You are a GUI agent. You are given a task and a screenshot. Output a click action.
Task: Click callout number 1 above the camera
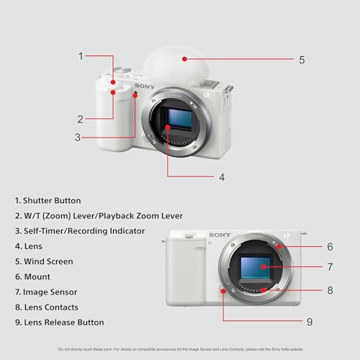point(81,55)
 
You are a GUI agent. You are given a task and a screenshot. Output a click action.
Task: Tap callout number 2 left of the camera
point(81,119)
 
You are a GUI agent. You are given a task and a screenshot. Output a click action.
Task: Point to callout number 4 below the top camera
point(222,176)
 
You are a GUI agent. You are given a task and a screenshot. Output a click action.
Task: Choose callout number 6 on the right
point(329,246)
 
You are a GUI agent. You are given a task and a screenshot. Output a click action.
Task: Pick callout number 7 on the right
point(329,267)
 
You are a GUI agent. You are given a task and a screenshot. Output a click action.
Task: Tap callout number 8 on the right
point(329,290)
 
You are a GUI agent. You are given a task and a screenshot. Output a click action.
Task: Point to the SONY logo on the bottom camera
point(220,235)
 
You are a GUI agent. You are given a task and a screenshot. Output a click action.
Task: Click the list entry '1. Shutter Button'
point(47,200)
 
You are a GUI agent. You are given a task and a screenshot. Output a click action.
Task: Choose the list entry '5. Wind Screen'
point(43,261)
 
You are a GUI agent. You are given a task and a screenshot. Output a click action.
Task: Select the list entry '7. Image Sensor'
point(45,292)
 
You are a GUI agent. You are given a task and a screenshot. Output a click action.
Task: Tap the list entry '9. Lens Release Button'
point(58,322)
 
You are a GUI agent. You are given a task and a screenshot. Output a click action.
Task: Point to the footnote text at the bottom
point(180,348)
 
